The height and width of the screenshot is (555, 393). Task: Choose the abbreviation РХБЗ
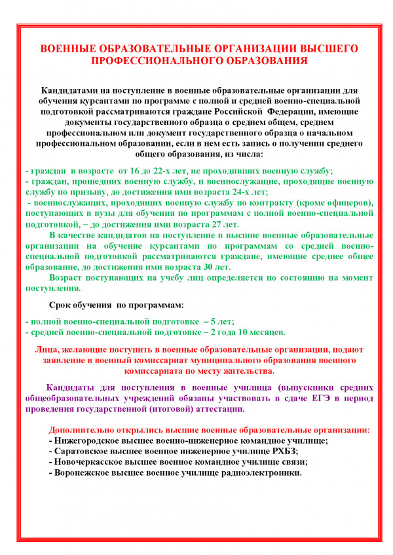283,452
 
